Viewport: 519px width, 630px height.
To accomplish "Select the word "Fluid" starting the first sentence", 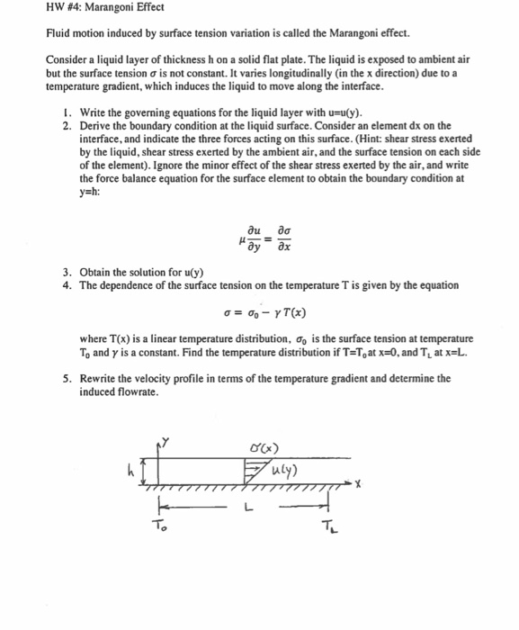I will (x=59, y=34).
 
